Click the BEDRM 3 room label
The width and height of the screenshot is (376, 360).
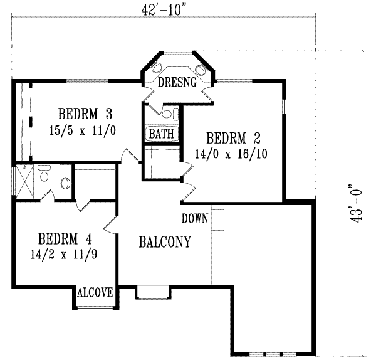85,114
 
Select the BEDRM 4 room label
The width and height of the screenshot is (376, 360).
65,239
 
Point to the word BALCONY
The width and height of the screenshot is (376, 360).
165,241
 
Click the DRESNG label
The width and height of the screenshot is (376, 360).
178,82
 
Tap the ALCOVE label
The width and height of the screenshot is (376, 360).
95,292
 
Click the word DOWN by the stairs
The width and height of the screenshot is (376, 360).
195,219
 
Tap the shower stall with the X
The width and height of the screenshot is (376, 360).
24,182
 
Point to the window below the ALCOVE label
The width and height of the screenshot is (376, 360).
95,307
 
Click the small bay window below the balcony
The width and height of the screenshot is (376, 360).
153,292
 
